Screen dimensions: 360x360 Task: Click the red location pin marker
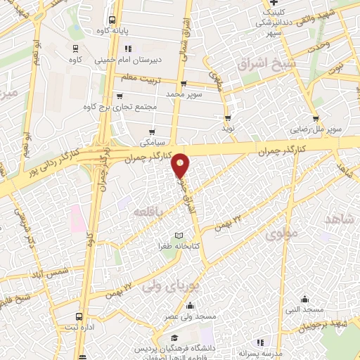pos(181,165)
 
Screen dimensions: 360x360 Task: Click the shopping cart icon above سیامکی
pos(153,131)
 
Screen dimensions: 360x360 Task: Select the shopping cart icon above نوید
pos(228,117)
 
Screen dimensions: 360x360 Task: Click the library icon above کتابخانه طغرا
pos(178,235)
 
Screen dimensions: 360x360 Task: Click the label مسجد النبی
pos(303,309)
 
